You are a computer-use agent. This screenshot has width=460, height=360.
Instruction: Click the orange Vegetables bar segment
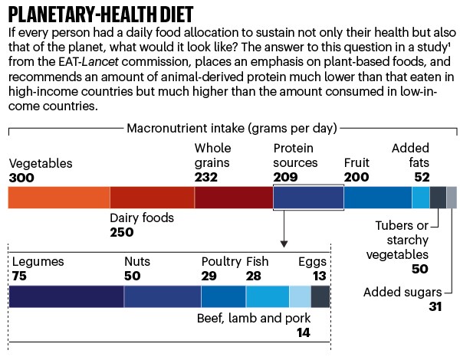point(58,198)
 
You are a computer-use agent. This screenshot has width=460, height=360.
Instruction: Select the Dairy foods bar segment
point(152,198)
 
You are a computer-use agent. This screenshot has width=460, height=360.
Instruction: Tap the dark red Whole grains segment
point(233,198)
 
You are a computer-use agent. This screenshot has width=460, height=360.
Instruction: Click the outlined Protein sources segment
point(307,198)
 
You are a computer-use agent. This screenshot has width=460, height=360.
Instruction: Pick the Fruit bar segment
point(377,198)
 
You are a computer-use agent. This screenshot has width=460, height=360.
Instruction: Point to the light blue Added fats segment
point(421,198)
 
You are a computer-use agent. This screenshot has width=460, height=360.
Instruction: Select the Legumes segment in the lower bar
point(66,296)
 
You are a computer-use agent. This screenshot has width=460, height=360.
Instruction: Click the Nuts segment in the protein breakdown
point(163,296)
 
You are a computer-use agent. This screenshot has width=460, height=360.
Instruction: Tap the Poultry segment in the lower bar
point(223,296)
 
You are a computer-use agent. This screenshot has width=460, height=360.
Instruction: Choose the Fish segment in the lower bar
point(267,296)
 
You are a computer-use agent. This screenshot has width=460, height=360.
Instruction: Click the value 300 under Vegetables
point(22,177)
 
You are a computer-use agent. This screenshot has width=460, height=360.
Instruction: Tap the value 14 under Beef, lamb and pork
point(303,333)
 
